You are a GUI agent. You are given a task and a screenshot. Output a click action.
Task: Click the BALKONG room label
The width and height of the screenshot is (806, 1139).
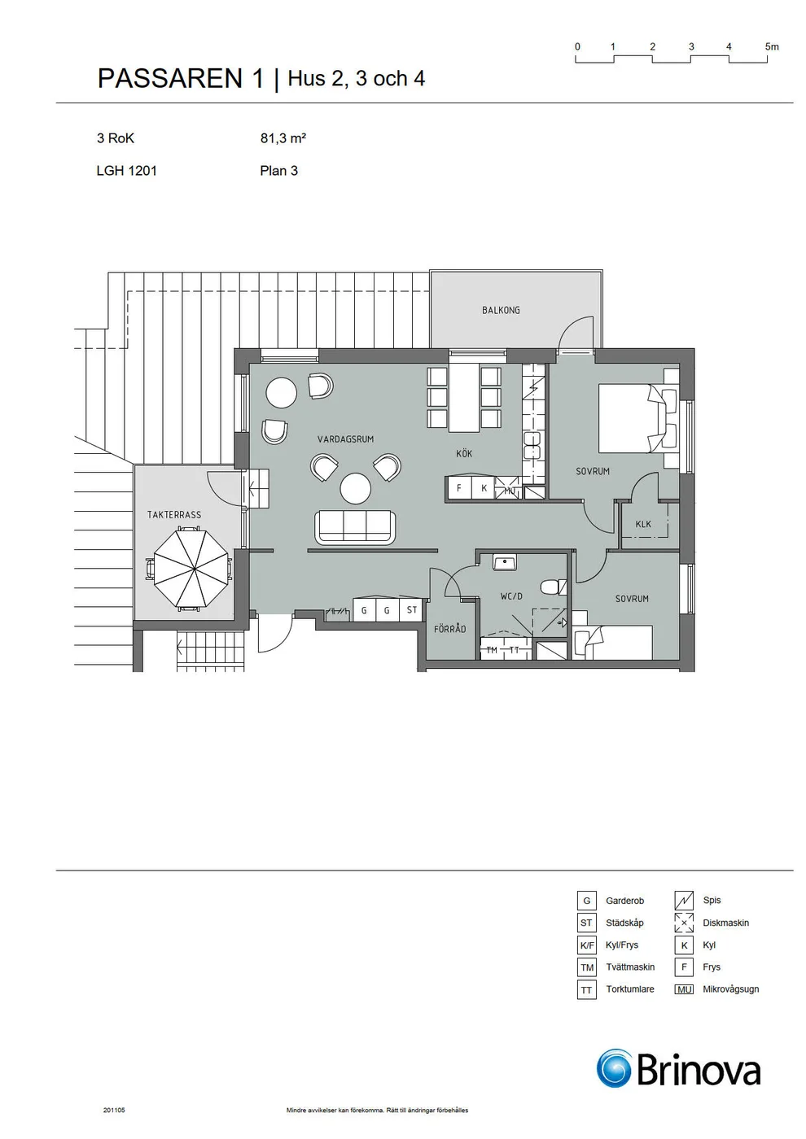pyautogui.click(x=501, y=310)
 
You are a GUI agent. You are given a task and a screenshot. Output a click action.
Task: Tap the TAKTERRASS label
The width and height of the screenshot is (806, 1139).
pyautogui.click(x=174, y=514)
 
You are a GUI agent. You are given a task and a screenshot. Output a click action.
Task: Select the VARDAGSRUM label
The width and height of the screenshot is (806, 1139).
pyautogui.click(x=345, y=439)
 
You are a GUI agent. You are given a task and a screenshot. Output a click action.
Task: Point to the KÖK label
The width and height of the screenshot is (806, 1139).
pyautogui.click(x=464, y=453)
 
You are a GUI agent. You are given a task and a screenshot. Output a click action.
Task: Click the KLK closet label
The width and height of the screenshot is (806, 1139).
pyautogui.click(x=643, y=524)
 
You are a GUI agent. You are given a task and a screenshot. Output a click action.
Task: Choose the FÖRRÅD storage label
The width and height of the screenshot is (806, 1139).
pyautogui.click(x=449, y=628)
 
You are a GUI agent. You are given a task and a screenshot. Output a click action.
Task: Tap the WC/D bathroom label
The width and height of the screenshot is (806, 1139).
pyautogui.click(x=511, y=596)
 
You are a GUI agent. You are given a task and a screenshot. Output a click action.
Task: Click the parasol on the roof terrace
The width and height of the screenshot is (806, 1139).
pyautogui.click(x=191, y=568)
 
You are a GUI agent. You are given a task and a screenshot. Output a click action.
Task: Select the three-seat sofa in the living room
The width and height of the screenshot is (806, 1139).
pyautogui.click(x=356, y=527)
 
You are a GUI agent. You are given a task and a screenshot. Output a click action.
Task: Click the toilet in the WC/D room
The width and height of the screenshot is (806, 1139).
pyautogui.click(x=553, y=587)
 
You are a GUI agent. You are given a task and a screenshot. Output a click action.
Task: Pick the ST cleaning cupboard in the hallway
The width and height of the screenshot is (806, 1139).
pyautogui.click(x=412, y=609)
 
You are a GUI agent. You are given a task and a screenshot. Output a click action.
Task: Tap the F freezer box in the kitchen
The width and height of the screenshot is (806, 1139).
pyautogui.click(x=459, y=488)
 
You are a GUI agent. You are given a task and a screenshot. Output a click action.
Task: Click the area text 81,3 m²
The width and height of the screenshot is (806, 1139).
pyautogui.click(x=283, y=137)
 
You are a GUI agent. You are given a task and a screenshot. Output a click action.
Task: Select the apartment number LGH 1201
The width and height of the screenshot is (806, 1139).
pyautogui.click(x=127, y=170)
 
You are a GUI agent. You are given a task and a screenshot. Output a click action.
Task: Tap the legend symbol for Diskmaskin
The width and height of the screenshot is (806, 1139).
pyautogui.click(x=684, y=923)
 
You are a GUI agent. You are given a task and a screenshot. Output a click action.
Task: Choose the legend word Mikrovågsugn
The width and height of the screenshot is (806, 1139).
pyautogui.click(x=731, y=989)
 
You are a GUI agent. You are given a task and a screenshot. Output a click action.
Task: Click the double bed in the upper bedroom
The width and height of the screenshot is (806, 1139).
pyautogui.click(x=638, y=418)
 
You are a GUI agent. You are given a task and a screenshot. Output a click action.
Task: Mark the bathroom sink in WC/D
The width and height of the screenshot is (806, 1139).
pyautogui.click(x=504, y=562)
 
